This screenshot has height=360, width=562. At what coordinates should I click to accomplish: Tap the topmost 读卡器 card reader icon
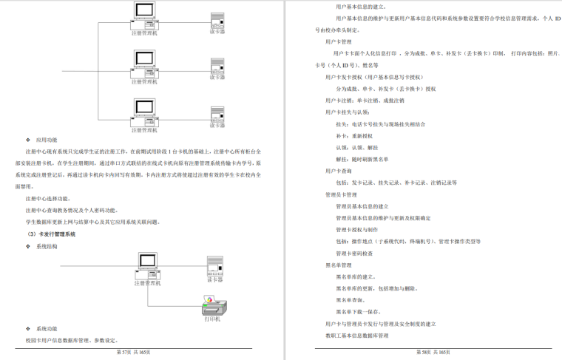[x=217, y=19]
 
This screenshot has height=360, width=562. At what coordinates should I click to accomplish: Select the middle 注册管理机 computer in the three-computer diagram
[x=144, y=65]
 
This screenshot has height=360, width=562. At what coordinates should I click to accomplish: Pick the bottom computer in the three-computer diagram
[x=144, y=112]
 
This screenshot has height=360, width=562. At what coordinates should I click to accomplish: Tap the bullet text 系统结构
[x=47, y=246]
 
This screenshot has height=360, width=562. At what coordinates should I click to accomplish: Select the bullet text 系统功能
[x=47, y=328]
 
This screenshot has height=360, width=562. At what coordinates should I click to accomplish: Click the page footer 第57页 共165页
[x=134, y=353]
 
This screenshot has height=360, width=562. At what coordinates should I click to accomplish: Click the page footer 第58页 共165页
[x=433, y=353]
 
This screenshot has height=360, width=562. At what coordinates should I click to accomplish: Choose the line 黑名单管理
[x=339, y=265]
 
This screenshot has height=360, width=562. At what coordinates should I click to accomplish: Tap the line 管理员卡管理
[x=342, y=194]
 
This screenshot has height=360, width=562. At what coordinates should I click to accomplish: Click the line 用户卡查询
[x=339, y=171]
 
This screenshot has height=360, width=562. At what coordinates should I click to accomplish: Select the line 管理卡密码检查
[x=354, y=253]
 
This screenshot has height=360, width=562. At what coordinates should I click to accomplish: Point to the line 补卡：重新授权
[x=354, y=136]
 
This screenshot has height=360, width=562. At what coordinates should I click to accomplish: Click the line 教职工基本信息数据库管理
[x=357, y=336]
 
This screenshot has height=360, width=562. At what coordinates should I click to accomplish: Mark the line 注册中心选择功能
[x=47, y=199]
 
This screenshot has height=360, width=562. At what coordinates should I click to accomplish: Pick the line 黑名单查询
[x=351, y=300]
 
